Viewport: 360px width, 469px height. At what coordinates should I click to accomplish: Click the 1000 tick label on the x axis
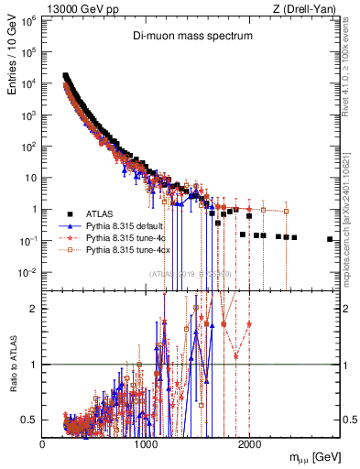[146, 443]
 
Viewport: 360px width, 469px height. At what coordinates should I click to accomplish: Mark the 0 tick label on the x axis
[43, 443]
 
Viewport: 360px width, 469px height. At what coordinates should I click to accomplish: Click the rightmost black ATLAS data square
[330, 239]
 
